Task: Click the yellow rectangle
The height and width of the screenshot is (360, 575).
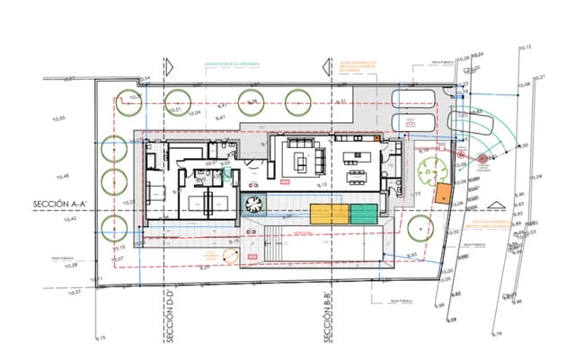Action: (329, 214)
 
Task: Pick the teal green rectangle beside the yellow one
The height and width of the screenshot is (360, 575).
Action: (364, 214)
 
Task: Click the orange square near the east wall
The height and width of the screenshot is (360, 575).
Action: (442, 193)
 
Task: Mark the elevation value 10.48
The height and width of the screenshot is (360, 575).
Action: (62, 176)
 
